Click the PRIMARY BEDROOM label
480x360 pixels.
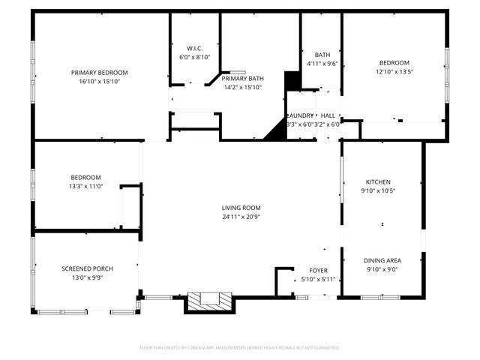(x=100, y=73)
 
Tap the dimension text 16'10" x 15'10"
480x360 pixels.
(x=100, y=81)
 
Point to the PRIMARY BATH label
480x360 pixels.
(x=242, y=79)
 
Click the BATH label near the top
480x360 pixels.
(x=322, y=55)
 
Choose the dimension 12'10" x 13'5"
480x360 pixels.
(x=394, y=72)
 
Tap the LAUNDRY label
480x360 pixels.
(x=300, y=115)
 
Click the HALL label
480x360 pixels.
(x=328, y=115)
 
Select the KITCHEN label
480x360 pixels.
(x=377, y=182)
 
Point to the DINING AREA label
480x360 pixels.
(x=382, y=260)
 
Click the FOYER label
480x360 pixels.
(x=319, y=271)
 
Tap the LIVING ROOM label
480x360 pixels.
(x=241, y=208)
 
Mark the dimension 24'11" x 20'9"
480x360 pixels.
(x=241, y=217)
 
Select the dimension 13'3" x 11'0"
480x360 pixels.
(x=85, y=186)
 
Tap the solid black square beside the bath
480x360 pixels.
(x=292, y=80)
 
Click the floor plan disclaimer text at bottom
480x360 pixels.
(x=240, y=348)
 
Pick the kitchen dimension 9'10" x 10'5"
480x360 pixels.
(x=377, y=190)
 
